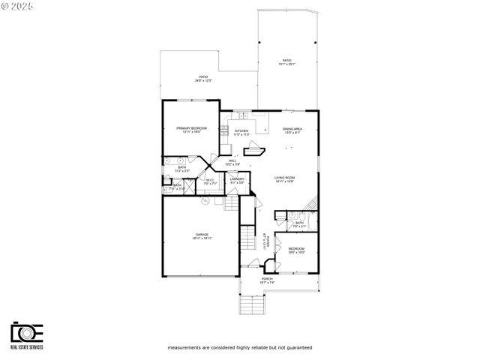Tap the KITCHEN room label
pyautogui.click(x=241, y=131)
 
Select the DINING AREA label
pyautogui.click(x=292, y=129)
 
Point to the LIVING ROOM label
pyautogui.click(x=284, y=178)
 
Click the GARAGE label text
pyautogui.click(x=202, y=234)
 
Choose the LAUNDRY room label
pyautogui.click(x=237, y=179)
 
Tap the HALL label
pyautogui.click(x=232, y=160)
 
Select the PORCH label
pyautogui.click(x=267, y=279)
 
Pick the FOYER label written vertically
pyautogui.click(x=265, y=239)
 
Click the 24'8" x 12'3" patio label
pyautogui.click(x=203, y=77)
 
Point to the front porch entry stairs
pyautogui.click(x=250, y=304)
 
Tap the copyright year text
pyautogui.click(x=21, y=7)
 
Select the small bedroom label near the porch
pyautogui.click(x=297, y=248)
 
